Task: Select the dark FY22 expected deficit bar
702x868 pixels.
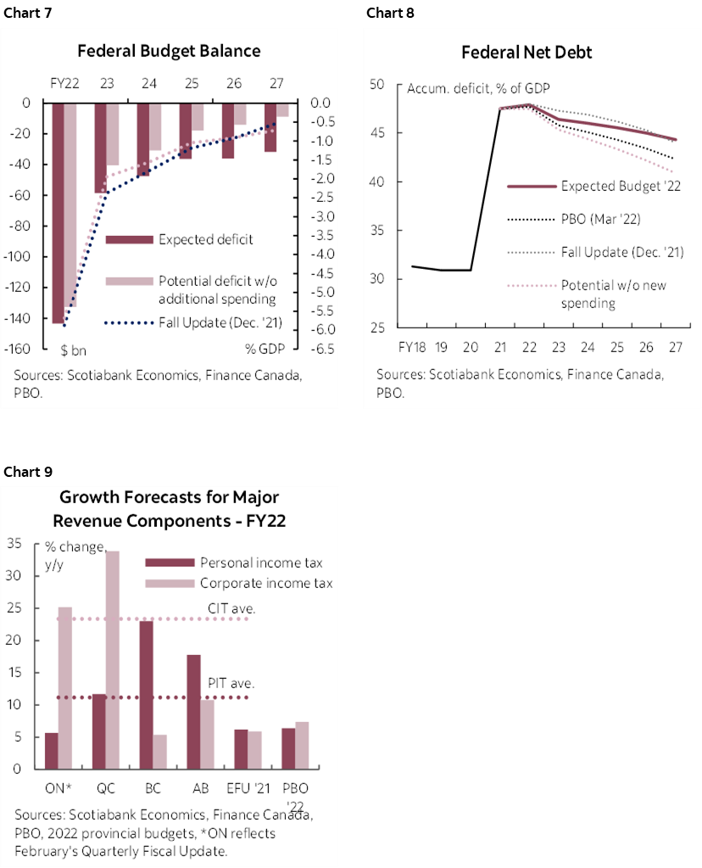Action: pyautogui.click(x=58, y=212)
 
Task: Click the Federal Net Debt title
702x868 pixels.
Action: pyautogui.click(x=526, y=53)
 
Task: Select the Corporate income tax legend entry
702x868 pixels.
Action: pyautogui.click(x=265, y=583)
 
